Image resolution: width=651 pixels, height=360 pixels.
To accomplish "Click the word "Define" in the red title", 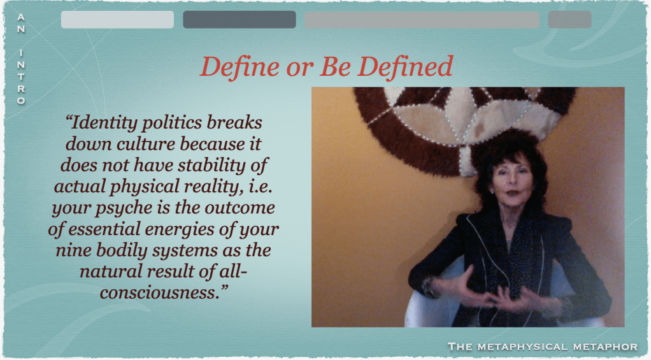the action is (240, 67).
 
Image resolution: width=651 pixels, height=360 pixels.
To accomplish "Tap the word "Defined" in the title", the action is (404, 67).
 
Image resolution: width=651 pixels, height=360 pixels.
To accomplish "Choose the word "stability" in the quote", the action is (211, 165).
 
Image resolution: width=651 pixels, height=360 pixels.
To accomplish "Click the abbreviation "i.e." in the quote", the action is (260, 187).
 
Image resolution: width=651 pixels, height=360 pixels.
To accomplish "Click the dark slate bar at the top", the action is (240, 20).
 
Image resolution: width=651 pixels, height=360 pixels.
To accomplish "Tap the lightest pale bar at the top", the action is (117, 20).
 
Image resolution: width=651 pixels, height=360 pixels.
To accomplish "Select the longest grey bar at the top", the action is (422, 20).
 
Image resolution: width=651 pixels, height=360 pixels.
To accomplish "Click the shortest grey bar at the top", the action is (569, 20).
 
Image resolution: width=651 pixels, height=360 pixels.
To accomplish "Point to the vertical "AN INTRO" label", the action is (21, 59).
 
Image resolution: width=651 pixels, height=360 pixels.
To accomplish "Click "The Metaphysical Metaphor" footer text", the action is (543, 347).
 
